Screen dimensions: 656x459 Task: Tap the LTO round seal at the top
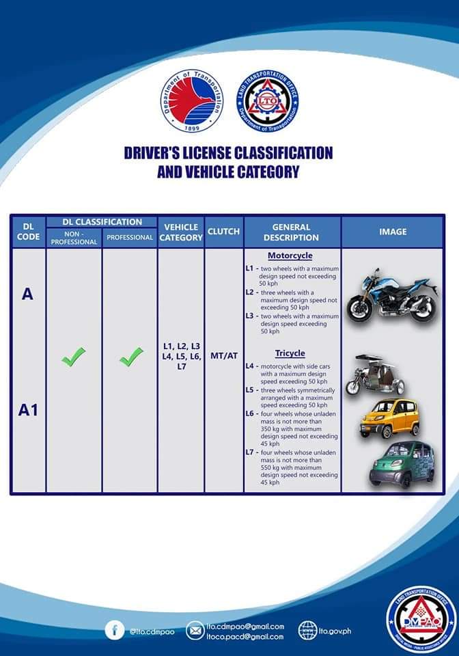click(x=267, y=100)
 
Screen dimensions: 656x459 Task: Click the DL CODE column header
click(x=28, y=232)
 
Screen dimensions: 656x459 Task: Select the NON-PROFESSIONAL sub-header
click(x=74, y=238)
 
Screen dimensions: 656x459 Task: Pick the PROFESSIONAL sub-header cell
click(x=130, y=238)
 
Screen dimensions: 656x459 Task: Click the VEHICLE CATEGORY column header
click(x=181, y=232)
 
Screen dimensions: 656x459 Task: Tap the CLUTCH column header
click(x=224, y=232)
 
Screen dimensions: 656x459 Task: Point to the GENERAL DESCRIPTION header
click(x=292, y=232)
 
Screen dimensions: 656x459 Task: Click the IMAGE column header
click(x=393, y=232)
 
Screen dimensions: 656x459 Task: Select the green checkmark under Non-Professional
click(x=74, y=356)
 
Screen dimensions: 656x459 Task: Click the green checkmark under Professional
click(x=130, y=356)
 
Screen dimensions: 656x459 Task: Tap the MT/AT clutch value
click(x=224, y=356)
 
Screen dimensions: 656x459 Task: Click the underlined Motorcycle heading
click(x=290, y=256)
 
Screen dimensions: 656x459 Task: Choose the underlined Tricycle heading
click(x=290, y=353)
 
